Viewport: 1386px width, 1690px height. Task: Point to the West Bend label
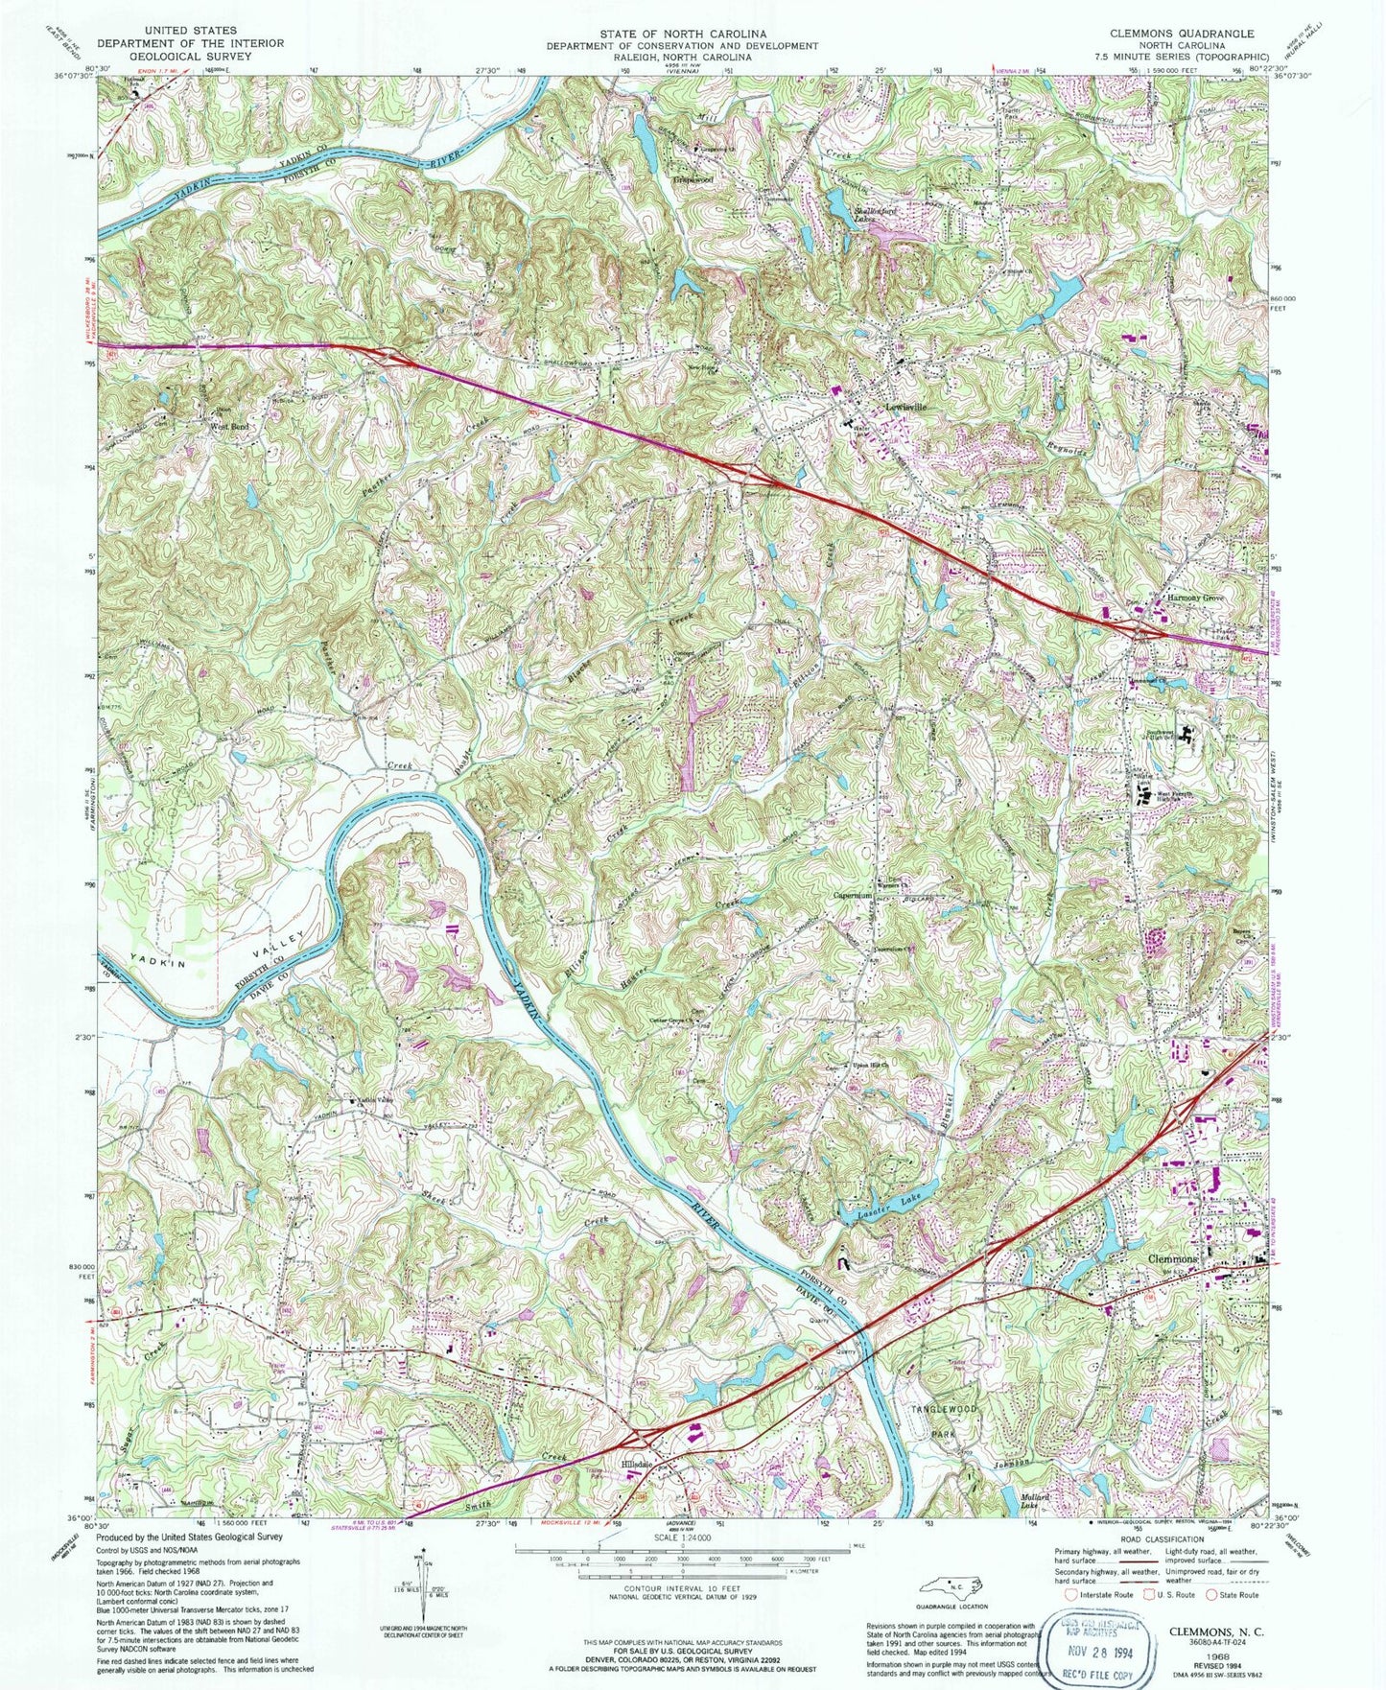[229, 425]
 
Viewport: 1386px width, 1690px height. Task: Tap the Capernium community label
[851, 896]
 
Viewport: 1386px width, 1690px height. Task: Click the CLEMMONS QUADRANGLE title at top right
[1182, 33]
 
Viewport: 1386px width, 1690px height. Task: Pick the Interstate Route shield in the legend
[1072, 1594]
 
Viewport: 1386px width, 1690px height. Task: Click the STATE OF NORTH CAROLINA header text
[682, 33]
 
